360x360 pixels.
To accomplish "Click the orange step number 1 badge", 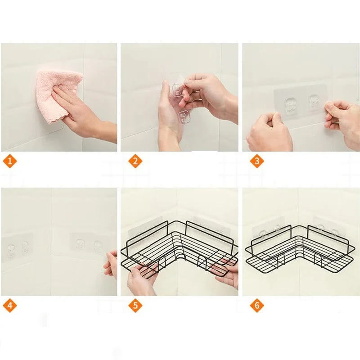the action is pyautogui.click(x=9, y=161).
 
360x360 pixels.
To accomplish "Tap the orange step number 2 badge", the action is pyautogui.click(x=135, y=161).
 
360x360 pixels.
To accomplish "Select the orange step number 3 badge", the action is pyautogui.click(x=256, y=161).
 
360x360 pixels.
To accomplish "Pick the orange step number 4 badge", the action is pyautogui.click(x=9, y=306).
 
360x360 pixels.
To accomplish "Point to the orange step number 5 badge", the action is pyautogui.click(x=135, y=306).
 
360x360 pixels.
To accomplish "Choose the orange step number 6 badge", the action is pyautogui.click(x=256, y=306).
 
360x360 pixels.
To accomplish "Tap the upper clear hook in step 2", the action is pyautogui.click(x=178, y=90).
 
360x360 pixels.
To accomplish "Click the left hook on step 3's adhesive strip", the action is pyautogui.click(x=291, y=105).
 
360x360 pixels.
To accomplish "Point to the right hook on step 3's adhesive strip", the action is pyautogui.click(x=314, y=101).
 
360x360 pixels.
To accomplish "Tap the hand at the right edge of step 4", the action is pyautogui.click(x=111, y=265).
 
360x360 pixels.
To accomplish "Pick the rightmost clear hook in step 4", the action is pyautogui.click(x=98, y=246).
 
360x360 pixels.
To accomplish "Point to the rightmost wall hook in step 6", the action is pyautogui.click(x=335, y=232).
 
